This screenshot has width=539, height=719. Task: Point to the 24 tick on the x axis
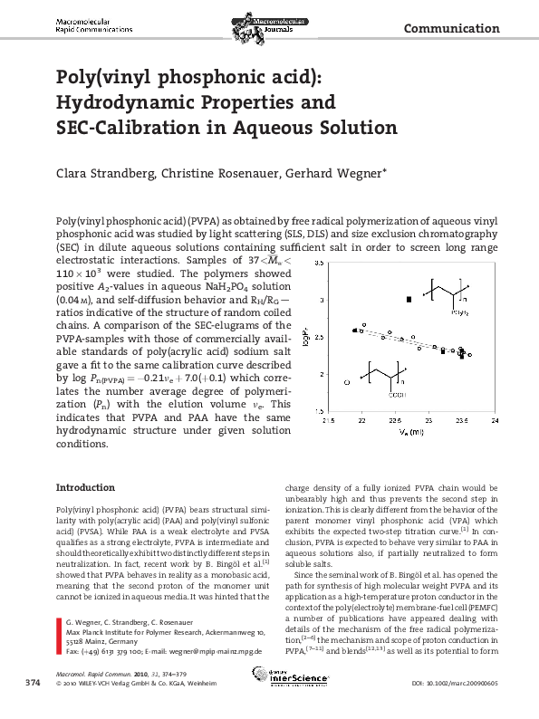(x=495, y=420)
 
